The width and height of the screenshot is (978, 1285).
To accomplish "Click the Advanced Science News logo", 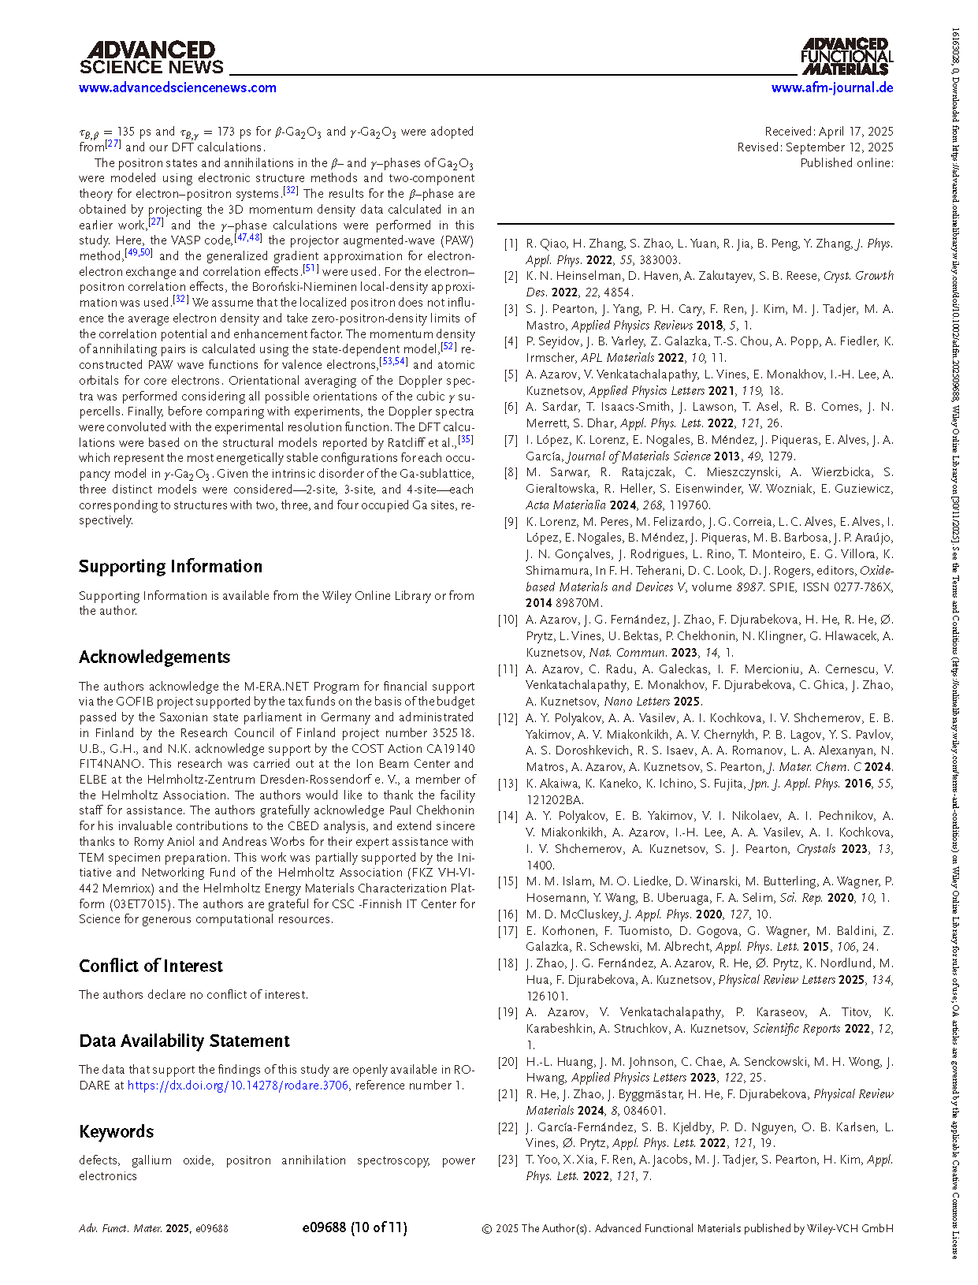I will tap(151, 58).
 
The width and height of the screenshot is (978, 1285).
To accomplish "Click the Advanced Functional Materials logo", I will tap(847, 57).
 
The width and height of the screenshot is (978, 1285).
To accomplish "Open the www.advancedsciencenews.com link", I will tap(177, 88).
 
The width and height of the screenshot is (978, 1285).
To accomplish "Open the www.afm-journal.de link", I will tap(832, 88).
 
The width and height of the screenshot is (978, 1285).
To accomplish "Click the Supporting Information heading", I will tap(170, 567).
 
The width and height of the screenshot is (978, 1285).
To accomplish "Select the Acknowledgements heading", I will tap(154, 657).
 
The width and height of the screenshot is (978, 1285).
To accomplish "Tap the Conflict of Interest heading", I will tap(151, 967).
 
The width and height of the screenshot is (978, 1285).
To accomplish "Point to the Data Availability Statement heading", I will tap(184, 1041).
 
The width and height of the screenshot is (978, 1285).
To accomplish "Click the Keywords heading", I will tap(116, 1132).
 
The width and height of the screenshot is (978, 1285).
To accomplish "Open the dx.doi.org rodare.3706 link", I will tap(237, 1086).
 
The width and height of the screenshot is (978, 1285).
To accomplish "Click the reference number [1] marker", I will tap(511, 244).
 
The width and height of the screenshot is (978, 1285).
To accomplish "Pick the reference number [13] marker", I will tap(508, 784).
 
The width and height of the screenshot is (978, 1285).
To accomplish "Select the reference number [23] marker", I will tap(508, 1160).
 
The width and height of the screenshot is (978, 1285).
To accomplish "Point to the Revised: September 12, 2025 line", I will tap(815, 147).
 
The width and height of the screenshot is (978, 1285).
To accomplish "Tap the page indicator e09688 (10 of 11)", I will tap(355, 1227).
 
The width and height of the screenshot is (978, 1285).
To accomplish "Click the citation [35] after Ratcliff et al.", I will tap(466, 440).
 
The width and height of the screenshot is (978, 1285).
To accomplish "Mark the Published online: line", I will tap(846, 163).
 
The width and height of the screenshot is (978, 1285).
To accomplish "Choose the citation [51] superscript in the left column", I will tap(311, 269).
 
